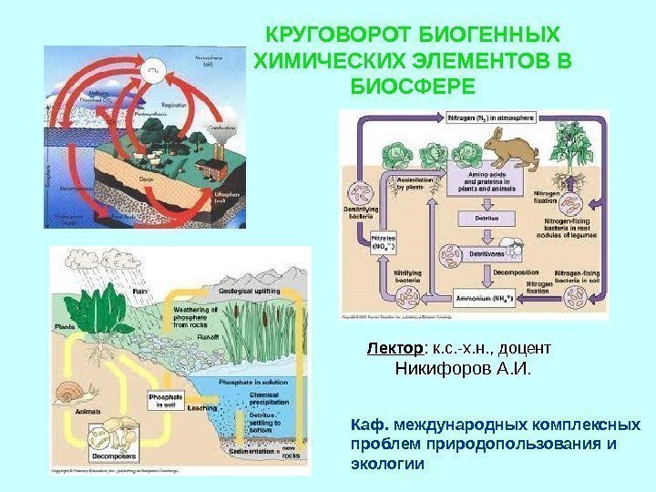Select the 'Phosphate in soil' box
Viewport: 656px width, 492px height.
coord(165,401)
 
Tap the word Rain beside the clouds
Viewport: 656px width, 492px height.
coord(139,291)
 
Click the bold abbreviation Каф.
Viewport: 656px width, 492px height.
coord(368,425)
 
